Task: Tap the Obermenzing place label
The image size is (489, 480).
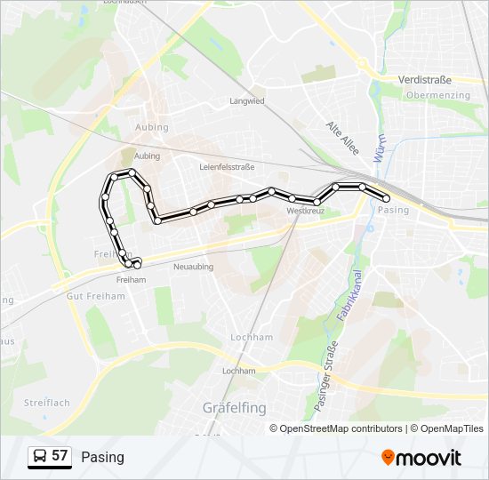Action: tap(437, 95)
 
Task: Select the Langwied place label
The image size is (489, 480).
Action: tap(247, 101)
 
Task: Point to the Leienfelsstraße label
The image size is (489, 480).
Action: tap(228, 166)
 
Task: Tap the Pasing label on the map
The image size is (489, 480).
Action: tap(393, 211)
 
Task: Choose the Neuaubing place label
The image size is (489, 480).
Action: tap(195, 266)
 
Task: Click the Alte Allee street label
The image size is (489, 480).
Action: tap(341, 139)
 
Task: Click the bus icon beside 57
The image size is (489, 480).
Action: tap(40, 457)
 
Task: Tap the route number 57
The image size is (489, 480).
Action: tap(60, 456)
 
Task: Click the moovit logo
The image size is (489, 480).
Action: tap(421, 458)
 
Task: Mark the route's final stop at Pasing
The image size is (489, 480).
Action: tap(386, 198)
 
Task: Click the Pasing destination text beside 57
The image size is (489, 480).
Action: tap(102, 457)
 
